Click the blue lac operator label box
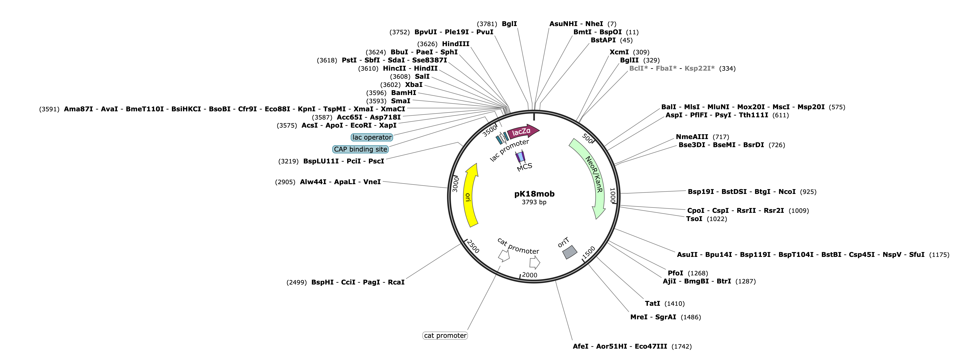(372, 137)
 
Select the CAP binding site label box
(360, 149)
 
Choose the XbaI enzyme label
(414, 84)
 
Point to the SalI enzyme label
(422, 76)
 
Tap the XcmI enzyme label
(619, 52)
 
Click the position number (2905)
(285, 182)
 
